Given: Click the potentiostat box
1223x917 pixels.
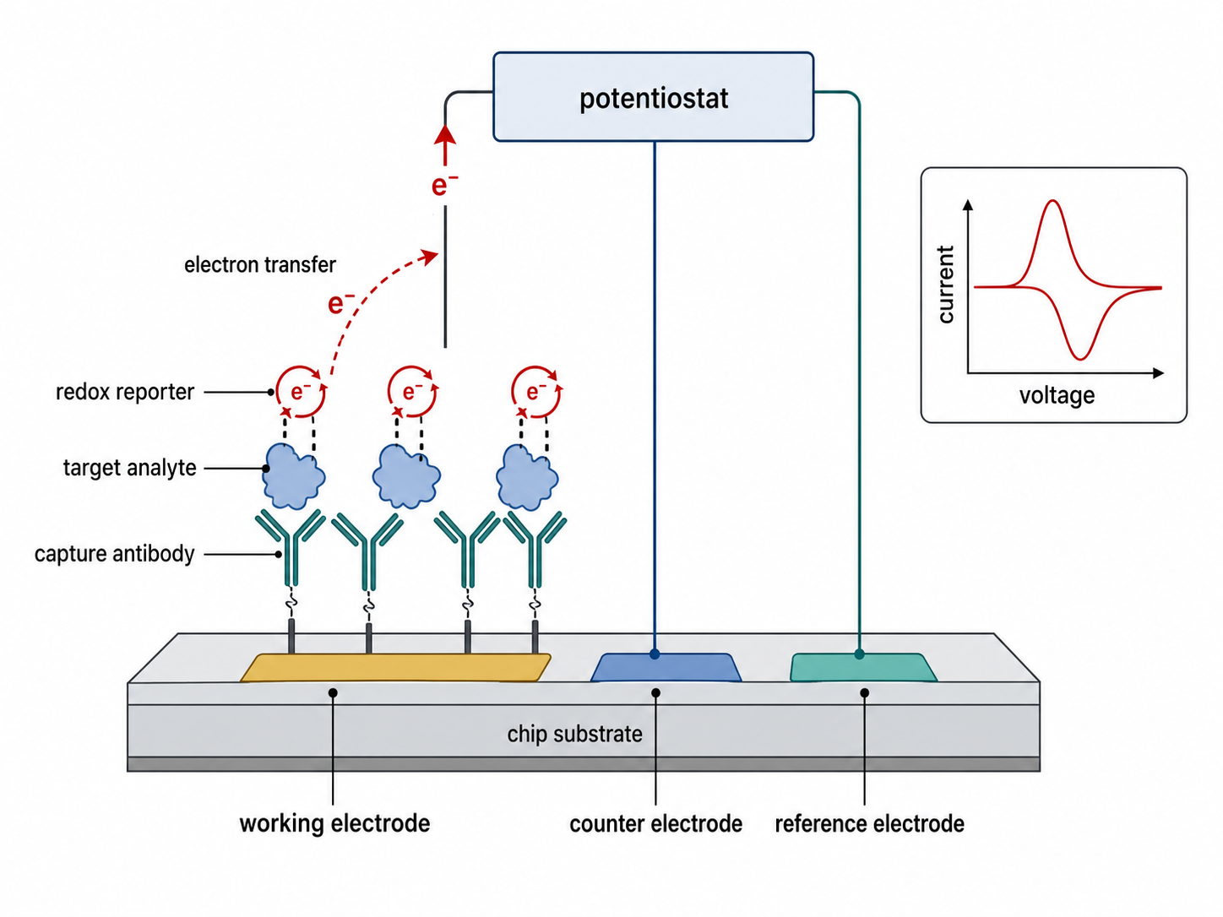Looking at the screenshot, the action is (653, 97).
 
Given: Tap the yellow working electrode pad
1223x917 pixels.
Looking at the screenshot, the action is (395, 668).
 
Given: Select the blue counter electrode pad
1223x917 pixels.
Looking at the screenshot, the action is (666, 668).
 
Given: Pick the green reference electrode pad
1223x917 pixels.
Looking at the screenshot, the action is (863, 668).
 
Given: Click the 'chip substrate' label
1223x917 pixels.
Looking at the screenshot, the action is (574, 735).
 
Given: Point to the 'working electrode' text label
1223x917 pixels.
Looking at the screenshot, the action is (334, 823).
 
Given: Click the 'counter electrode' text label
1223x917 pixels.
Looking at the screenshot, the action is (655, 824).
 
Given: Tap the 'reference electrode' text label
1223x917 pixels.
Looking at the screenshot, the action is (869, 824).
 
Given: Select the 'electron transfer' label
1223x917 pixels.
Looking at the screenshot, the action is (259, 265).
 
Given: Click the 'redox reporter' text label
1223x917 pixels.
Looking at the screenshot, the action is (125, 392).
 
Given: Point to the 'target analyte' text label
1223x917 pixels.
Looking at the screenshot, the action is (130, 468).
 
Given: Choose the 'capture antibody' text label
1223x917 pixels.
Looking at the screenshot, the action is (114, 554).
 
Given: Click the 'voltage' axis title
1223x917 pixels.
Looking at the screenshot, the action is (1057, 396).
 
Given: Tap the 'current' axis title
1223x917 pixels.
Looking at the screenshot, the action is (945, 285).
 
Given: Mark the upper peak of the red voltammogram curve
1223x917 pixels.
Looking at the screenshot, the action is (1052, 201).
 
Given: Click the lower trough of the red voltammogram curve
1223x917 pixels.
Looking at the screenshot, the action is (1080, 358).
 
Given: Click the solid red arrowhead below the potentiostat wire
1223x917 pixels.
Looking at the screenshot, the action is (444, 135).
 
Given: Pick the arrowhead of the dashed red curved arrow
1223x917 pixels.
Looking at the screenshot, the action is (430, 257).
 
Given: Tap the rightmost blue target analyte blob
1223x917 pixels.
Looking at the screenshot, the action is (527, 478).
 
